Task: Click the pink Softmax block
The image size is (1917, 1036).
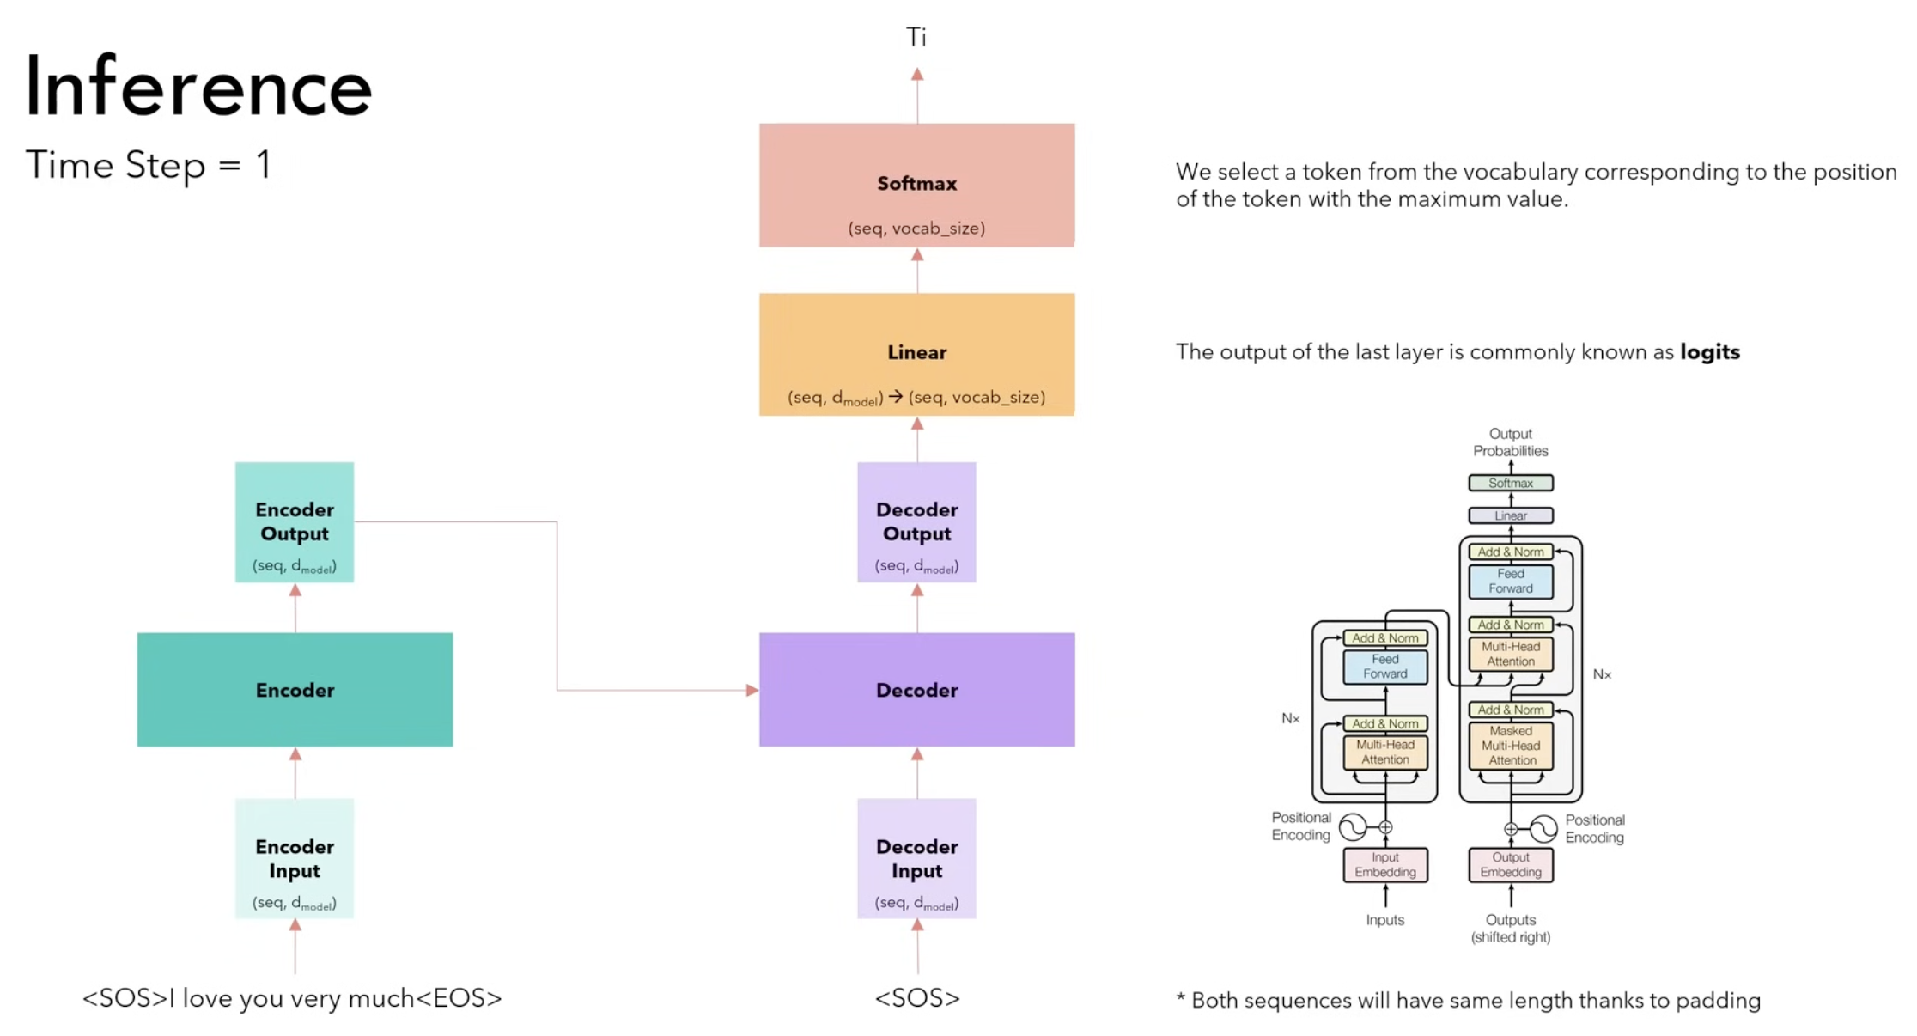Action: point(916,185)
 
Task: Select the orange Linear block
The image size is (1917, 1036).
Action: point(916,354)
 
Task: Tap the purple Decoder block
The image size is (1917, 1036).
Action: point(916,690)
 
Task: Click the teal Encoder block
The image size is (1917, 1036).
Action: point(295,690)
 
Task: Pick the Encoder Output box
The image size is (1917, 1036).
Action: point(295,522)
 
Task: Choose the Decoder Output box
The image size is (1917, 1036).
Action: point(916,522)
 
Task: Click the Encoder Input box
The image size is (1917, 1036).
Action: point(295,858)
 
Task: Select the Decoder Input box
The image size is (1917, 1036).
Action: point(916,858)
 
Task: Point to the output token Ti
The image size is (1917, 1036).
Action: point(916,37)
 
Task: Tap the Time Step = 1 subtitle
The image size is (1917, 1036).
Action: point(149,165)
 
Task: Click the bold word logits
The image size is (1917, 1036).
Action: point(1709,352)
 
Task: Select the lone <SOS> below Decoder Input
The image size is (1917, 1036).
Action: point(916,998)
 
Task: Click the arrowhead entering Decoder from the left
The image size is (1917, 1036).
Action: point(752,690)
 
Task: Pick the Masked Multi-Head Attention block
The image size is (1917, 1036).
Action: point(1511,746)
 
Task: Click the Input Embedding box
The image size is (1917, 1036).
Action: point(1385,865)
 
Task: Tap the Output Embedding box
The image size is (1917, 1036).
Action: point(1511,865)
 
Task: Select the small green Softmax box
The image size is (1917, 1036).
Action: point(1511,483)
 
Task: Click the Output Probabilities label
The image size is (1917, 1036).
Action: point(1511,442)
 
